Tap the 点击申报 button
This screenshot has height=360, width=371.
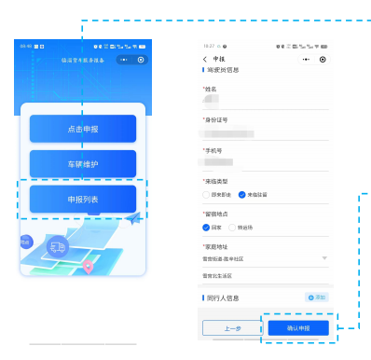pyautogui.click(x=82, y=129)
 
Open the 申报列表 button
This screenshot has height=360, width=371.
pyautogui.click(x=82, y=199)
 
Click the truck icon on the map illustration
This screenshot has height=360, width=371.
pyautogui.click(x=58, y=247)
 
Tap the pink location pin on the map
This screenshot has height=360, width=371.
pyautogui.click(x=89, y=267)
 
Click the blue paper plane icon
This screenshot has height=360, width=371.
pyautogui.click(x=135, y=218)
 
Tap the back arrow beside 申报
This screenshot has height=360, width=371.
pyautogui.click(x=206, y=59)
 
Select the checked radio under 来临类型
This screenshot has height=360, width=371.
pyautogui.click(x=242, y=195)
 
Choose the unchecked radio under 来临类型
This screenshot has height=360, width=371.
pyautogui.click(x=207, y=195)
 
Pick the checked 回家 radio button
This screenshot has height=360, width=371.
pyautogui.click(x=207, y=226)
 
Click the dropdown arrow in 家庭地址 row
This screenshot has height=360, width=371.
pyautogui.click(x=323, y=257)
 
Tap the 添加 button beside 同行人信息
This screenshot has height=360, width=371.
pyautogui.click(x=316, y=297)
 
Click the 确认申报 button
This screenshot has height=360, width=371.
pyautogui.click(x=297, y=328)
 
